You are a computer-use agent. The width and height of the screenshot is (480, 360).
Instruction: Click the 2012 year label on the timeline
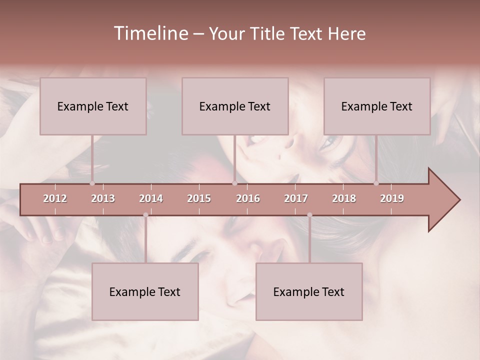[x=55, y=198]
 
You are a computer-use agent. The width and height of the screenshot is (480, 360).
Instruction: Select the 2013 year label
[x=103, y=198]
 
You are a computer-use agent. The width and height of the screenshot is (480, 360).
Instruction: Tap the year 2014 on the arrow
[x=151, y=198]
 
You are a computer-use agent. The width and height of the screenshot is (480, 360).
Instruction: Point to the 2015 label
[x=199, y=198]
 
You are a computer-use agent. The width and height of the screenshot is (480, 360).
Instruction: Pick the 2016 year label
[x=248, y=198]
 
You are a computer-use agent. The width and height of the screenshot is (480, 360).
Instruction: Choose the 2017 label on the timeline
[x=296, y=198]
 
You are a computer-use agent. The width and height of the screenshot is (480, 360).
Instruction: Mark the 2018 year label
[x=344, y=198]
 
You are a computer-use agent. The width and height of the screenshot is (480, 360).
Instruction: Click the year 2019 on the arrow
[x=392, y=198]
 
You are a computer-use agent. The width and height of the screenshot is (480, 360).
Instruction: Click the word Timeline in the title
[x=150, y=33]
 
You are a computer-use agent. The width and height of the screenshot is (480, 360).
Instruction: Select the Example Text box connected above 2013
[x=93, y=106]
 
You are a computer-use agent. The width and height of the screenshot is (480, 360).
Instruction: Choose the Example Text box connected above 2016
[x=235, y=106]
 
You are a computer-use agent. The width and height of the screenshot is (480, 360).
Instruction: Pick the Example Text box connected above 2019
[x=377, y=106]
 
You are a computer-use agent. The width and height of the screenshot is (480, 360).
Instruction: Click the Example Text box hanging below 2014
[x=145, y=291]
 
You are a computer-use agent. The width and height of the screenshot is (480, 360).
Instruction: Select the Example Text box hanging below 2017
[x=309, y=291]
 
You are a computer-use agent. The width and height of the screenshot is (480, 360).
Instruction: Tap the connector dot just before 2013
[x=92, y=183]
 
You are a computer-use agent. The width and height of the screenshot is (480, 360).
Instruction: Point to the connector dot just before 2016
[x=234, y=183]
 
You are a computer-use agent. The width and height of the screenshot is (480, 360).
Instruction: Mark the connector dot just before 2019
[x=376, y=183]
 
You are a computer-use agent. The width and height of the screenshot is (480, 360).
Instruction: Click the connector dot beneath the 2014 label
[x=145, y=215]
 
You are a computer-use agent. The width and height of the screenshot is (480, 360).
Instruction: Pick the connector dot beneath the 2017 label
[x=309, y=215]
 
